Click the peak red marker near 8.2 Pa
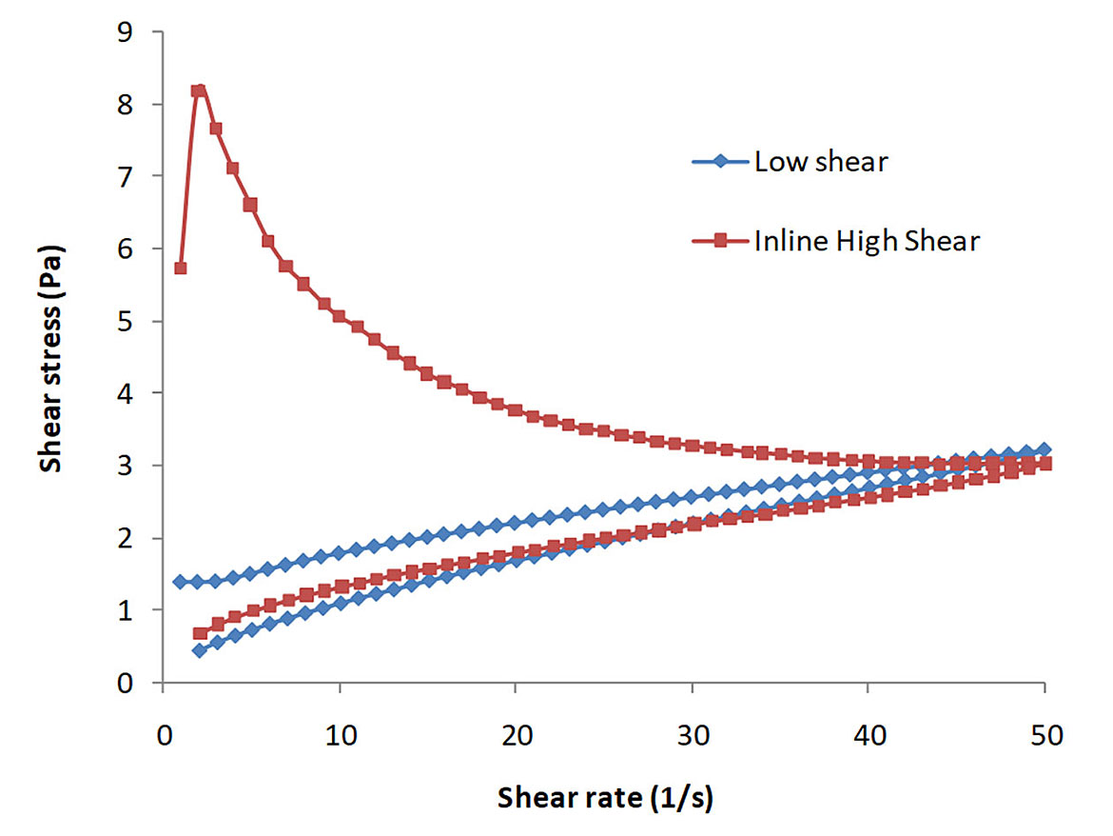(x=199, y=90)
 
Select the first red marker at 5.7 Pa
(x=181, y=269)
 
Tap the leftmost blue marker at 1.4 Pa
(x=181, y=582)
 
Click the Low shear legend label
(x=821, y=162)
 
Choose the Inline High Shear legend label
(x=867, y=242)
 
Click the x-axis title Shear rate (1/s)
(x=604, y=798)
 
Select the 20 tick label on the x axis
(x=516, y=734)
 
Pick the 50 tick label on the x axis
(x=1044, y=734)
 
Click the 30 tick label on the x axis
(x=692, y=734)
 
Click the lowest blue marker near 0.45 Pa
(x=199, y=650)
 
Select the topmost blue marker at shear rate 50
(x=1044, y=449)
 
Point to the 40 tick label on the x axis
(x=868, y=734)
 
